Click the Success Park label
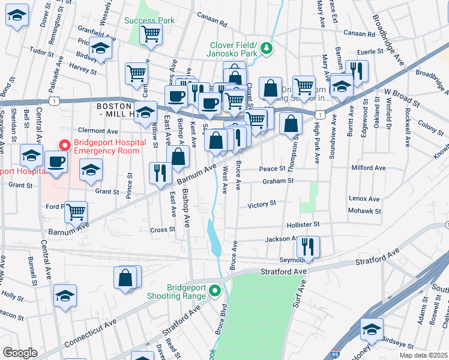tap(149, 20)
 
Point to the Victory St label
tap(262, 204)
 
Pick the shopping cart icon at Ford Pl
tap(76, 211)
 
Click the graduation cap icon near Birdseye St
tap(372, 329)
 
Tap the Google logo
tap(20, 353)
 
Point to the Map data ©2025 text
tap(423, 355)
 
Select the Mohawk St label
tap(365, 211)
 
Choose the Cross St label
tap(162, 229)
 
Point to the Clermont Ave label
tap(98, 130)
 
